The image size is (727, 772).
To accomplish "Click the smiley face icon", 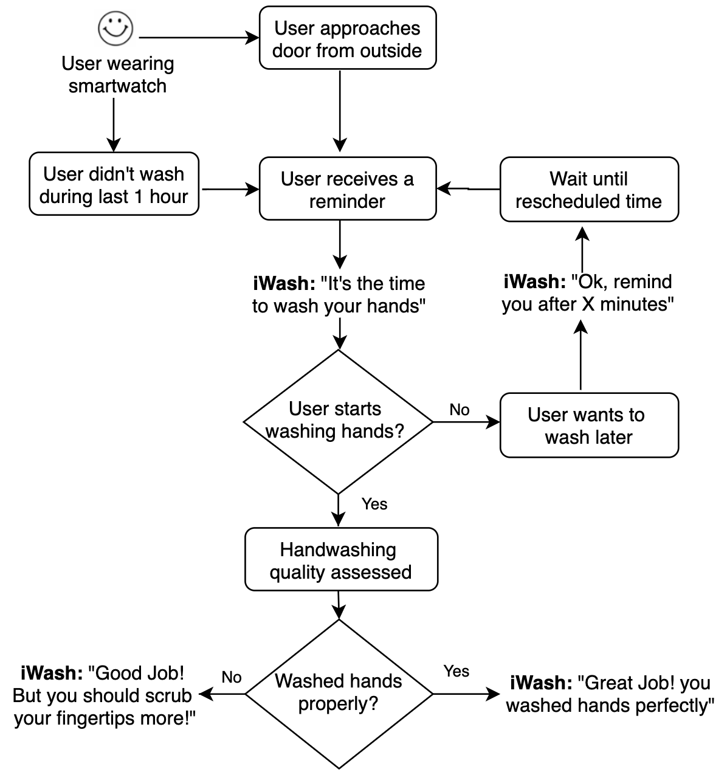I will coord(115,29).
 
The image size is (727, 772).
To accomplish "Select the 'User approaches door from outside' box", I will coord(347,38).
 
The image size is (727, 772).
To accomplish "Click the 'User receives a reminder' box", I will coord(347,189).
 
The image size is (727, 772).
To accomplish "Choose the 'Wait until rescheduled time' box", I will coord(588,189).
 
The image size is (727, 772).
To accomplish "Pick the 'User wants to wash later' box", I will coord(588,425).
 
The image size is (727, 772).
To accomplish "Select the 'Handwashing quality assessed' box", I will coord(340,560).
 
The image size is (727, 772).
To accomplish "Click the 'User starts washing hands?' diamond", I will coord(338,421).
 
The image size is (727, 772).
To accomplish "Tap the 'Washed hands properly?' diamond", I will coord(339,693).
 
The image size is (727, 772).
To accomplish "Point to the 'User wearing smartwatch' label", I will coord(117,74).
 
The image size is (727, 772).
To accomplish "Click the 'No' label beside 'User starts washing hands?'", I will coord(460,410).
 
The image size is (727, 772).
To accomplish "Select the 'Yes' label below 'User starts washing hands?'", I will coord(374,504).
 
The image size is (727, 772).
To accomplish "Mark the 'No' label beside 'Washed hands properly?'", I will coord(232,677).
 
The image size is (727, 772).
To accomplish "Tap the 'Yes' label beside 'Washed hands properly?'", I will coord(456,671).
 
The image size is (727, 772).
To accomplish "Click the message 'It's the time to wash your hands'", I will coord(339,294).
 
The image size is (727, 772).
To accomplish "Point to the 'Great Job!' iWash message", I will coord(610,694).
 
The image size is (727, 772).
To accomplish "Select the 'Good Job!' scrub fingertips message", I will coord(103,695).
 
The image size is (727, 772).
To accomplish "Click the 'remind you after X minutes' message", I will coord(587,292).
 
